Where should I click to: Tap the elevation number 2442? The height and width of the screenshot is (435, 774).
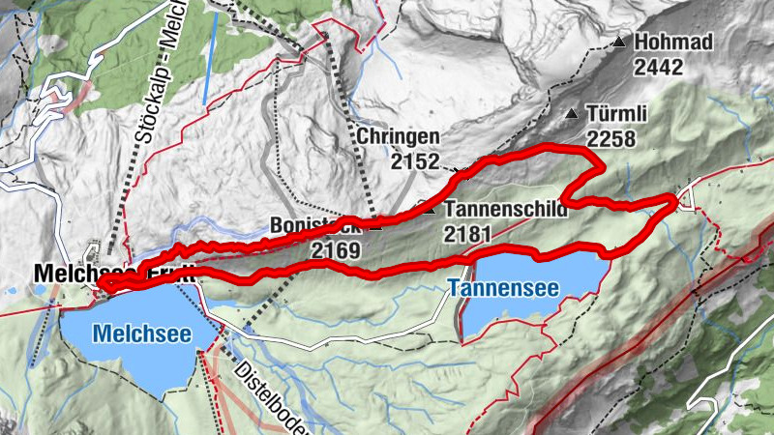[660, 67]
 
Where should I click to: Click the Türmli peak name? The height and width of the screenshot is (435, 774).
[610, 114]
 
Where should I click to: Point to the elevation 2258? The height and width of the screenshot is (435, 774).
[610, 138]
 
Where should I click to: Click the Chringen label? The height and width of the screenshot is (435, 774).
[398, 137]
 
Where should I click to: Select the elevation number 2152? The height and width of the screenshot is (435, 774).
[416, 161]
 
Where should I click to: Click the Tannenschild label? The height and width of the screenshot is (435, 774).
[505, 208]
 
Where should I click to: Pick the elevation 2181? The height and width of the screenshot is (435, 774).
[468, 232]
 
